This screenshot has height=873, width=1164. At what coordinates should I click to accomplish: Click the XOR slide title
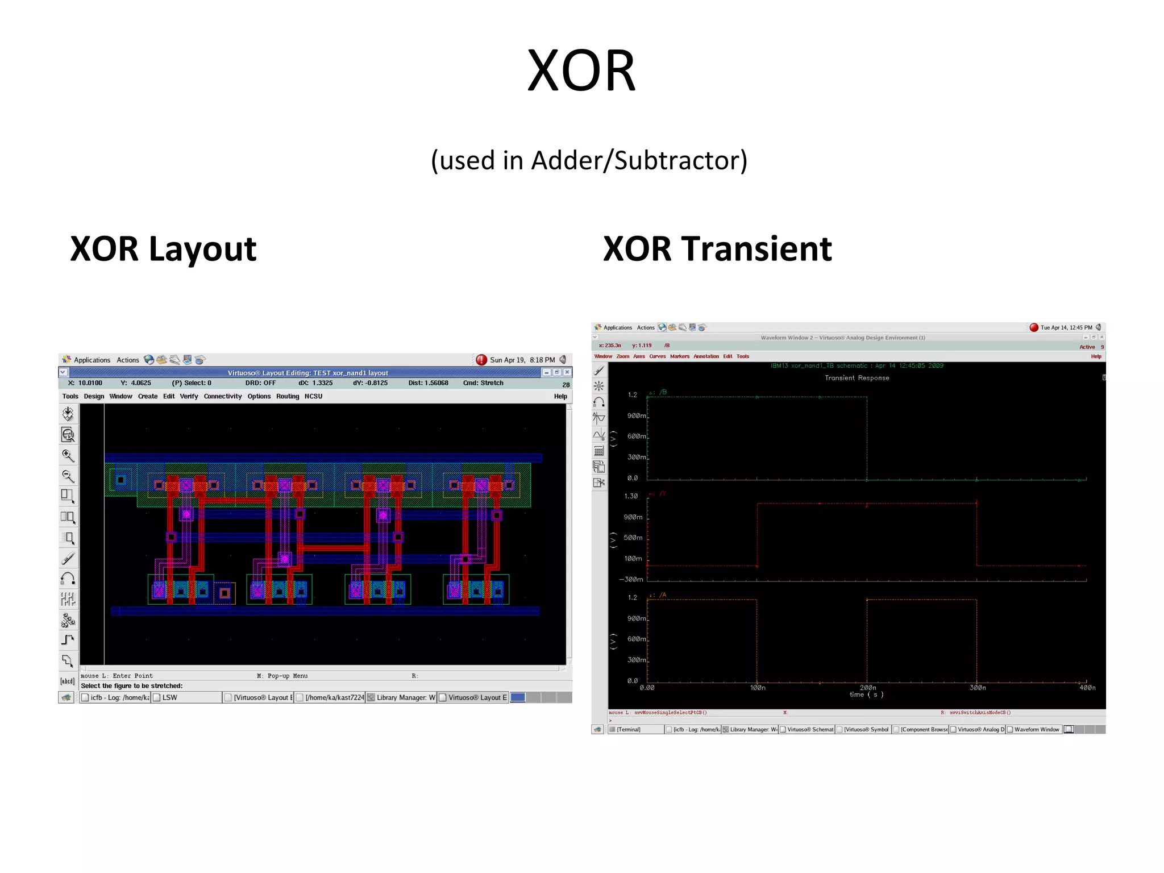pyautogui.click(x=581, y=71)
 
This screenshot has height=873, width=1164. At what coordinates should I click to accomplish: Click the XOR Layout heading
pyautogui.click(x=163, y=249)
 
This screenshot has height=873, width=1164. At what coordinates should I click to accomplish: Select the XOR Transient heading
pyautogui.click(x=717, y=249)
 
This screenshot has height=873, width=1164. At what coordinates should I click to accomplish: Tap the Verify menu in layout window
pyautogui.click(x=189, y=396)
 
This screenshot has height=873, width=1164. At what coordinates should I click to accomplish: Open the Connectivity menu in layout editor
pyautogui.click(x=222, y=396)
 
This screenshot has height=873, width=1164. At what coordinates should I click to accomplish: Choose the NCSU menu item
pyautogui.click(x=313, y=396)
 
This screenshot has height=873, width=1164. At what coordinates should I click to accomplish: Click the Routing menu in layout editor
pyautogui.click(x=288, y=396)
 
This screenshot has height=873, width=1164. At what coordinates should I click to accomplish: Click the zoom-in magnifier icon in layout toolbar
pyautogui.click(x=68, y=455)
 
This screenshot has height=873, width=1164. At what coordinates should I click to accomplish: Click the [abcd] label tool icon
pyautogui.click(x=68, y=681)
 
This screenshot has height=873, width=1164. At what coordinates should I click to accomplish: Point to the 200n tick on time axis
pyautogui.click(x=867, y=687)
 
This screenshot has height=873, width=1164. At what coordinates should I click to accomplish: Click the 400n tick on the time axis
pyautogui.click(x=1087, y=687)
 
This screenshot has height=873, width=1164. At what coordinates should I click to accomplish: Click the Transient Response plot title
pyautogui.click(x=857, y=378)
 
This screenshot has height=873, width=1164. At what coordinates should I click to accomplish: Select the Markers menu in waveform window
pyautogui.click(x=679, y=356)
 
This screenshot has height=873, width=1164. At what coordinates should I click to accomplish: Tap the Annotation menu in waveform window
pyautogui.click(x=706, y=356)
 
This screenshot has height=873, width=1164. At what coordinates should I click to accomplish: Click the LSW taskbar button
pyautogui.click(x=169, y=697)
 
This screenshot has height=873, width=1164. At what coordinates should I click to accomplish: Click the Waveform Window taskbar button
pyautogui.click(x=1036, y=729)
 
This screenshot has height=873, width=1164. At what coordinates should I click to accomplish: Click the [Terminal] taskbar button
pyautogui.click(x=628, y=729)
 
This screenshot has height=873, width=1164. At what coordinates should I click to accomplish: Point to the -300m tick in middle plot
pyautogui.click(x=631, y=579)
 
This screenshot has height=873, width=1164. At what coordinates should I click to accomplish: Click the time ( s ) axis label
pyautogui.click(x=866, y=695)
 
